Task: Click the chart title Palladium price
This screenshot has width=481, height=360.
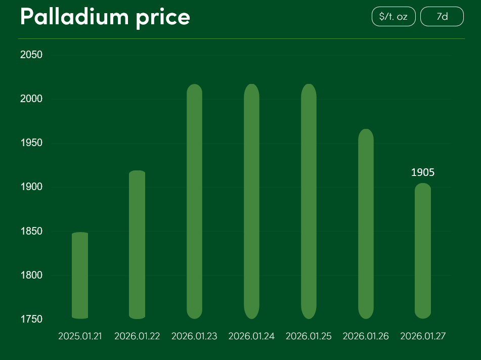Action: click(105, 17)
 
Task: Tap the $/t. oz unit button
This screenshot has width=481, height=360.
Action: click(393, 16)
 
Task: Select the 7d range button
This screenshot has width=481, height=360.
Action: click(442, 16)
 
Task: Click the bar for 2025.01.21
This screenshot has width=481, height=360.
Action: click(80, 276)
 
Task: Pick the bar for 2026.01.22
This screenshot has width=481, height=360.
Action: click(137, 245)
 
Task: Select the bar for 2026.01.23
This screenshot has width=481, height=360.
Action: click(194, 201)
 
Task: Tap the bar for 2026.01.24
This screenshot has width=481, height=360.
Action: click(251, 201)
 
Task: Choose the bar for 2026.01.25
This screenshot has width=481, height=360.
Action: click(309, 201)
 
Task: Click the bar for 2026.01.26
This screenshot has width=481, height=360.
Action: click(366, 224)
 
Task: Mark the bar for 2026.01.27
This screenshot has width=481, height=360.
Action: click(423, 251)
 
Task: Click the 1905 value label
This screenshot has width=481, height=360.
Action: click(423, 172)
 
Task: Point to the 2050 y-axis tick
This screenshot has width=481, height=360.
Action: click(31, 55)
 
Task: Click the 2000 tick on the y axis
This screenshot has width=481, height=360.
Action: click(31, 99)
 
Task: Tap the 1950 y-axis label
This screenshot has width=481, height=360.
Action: click(31, 143)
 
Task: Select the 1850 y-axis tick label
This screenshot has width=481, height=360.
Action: click(31, 232)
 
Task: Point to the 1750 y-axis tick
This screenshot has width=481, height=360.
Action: click(31, 320)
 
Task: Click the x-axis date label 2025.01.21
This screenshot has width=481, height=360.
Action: click(80, 336)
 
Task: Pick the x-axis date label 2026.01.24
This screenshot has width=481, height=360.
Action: click(251, 336)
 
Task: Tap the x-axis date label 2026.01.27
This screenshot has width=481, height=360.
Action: click(423, 336)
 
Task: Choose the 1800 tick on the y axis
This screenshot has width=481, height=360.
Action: click(31, 276)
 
